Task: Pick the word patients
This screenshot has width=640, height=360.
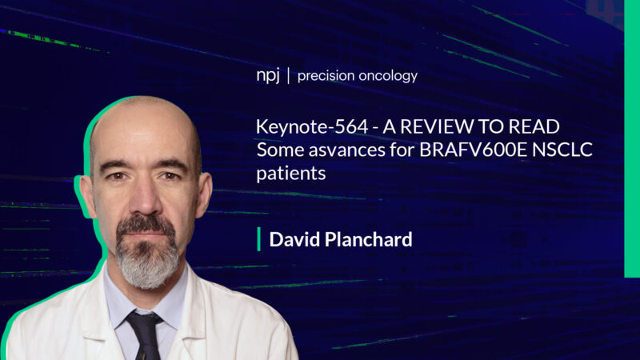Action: pos(291,172)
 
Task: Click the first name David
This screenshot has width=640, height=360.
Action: pos(293,239)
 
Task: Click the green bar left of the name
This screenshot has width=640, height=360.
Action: pos(258,239)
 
